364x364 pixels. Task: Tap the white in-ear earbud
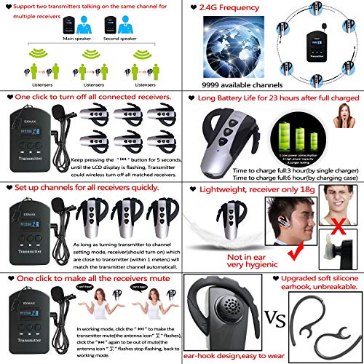340,251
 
